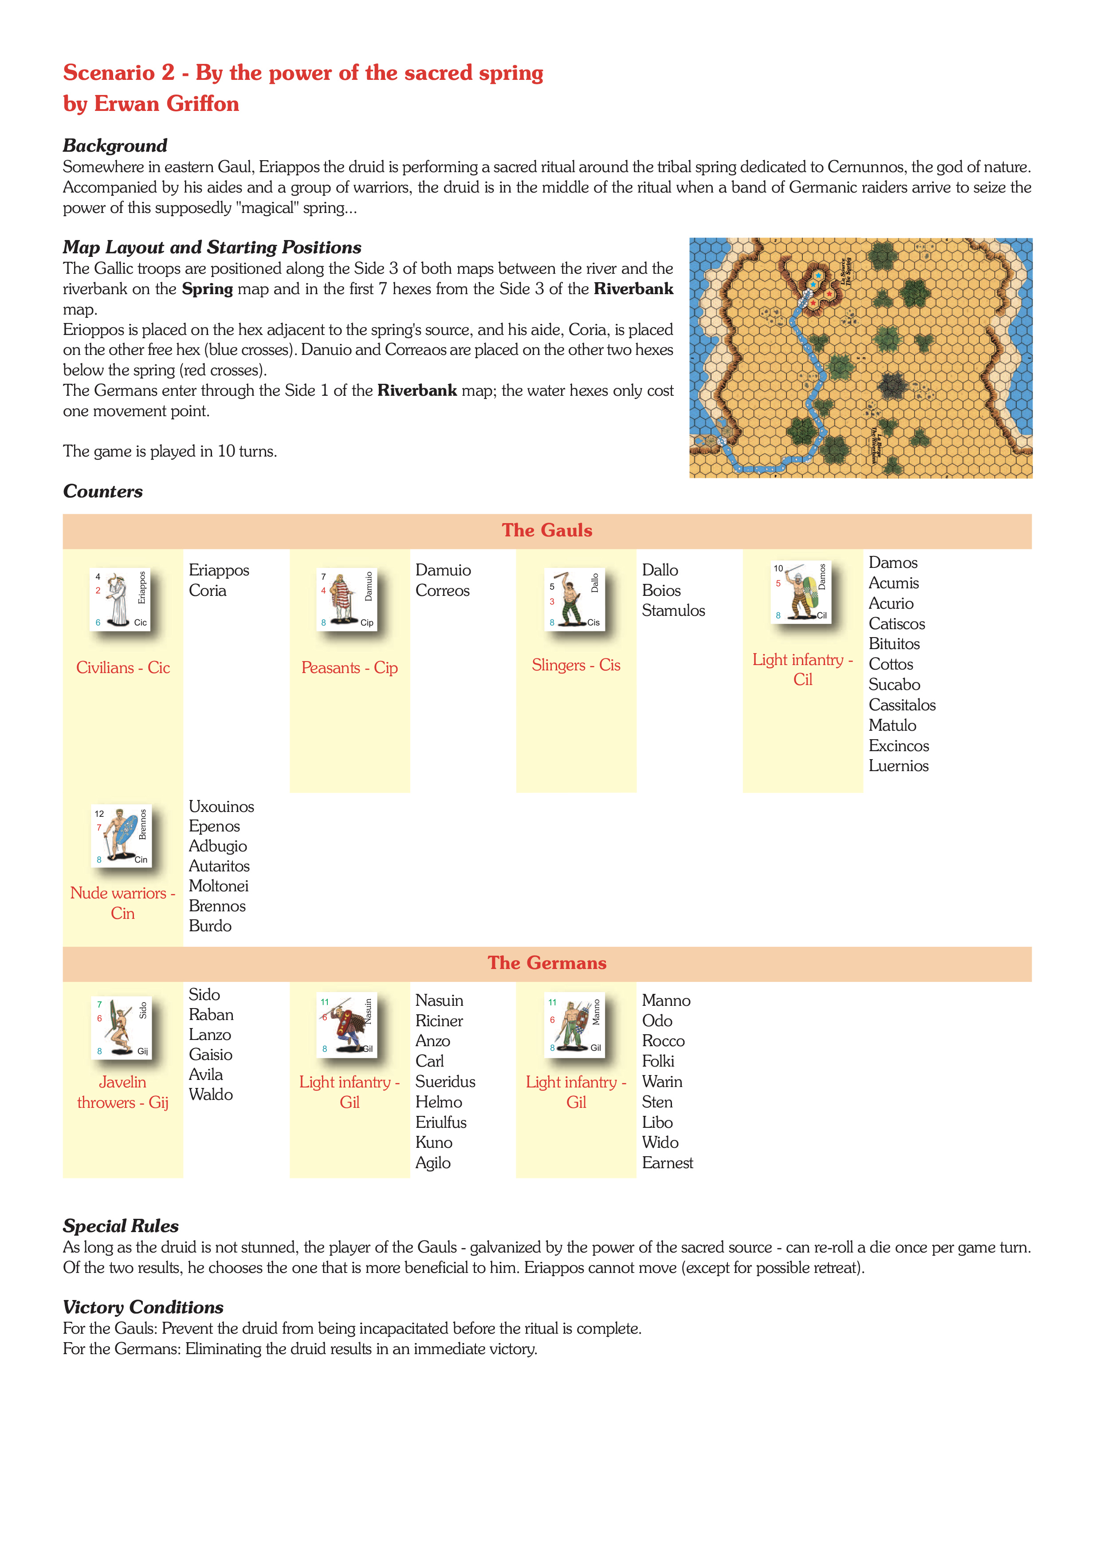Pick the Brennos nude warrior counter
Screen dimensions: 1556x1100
tap(121, 835)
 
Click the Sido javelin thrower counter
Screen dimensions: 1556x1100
tap(121, 1027)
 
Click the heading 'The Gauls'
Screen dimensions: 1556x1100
tap(546, 531)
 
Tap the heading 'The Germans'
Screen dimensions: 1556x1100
tap(546, 963)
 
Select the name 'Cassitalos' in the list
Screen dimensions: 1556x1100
tap(902, 705)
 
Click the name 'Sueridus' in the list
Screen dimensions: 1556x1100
tap(445, 1082)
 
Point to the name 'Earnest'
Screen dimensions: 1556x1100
tap(667, 1163)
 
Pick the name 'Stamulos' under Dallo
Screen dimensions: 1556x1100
tap(673, 611)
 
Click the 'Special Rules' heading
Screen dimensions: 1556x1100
tap(121, 1226)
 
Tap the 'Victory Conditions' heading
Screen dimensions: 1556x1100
tap(143, 1307)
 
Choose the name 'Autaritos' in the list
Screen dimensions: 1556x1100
tap(219, 866)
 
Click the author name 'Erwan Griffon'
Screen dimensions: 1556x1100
tap(167, 104)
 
